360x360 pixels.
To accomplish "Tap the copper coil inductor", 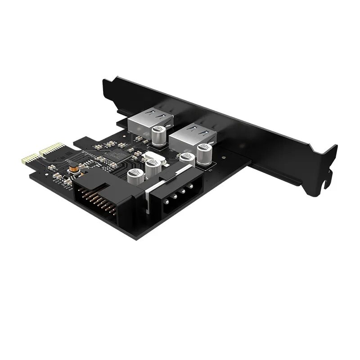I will click(x=72, y=170).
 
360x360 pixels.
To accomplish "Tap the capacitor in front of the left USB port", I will click(x=158, y=135).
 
